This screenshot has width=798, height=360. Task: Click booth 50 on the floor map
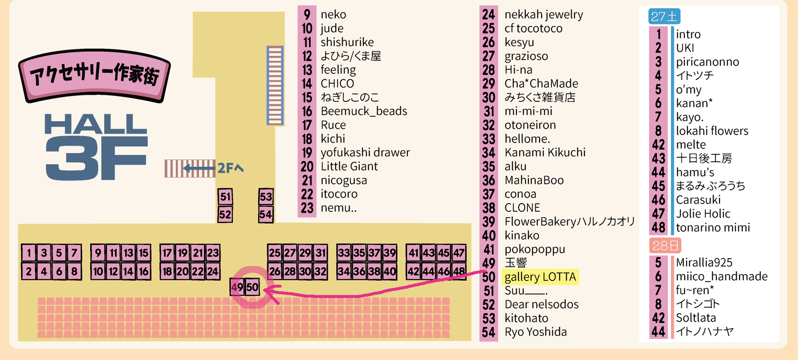(253, 287)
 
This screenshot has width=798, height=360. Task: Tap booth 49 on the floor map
(237, 287)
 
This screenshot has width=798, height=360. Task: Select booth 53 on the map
(266, 196)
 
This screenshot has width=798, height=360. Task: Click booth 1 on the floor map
(29, 253)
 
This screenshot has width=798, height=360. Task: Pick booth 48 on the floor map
(459, 271)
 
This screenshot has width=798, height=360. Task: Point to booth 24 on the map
(213, 271)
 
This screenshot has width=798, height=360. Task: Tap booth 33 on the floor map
(344, 253)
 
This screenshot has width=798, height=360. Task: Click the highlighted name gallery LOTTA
(540, 277)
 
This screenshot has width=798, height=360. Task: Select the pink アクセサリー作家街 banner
(95, 75)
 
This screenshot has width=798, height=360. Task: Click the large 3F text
(96, 158)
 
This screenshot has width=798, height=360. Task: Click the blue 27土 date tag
(664, 16)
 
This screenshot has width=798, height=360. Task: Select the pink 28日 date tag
(665, 245)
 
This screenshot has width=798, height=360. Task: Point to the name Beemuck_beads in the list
(364, 111)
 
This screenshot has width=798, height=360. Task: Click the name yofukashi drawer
(365, 152)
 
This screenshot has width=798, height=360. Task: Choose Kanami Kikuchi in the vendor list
(545, 152)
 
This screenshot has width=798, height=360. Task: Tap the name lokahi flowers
(712, 131)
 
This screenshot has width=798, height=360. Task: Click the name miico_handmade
(721, 276)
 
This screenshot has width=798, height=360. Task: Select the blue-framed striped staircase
(275, 85)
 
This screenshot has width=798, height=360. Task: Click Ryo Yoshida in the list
(535, 332)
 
